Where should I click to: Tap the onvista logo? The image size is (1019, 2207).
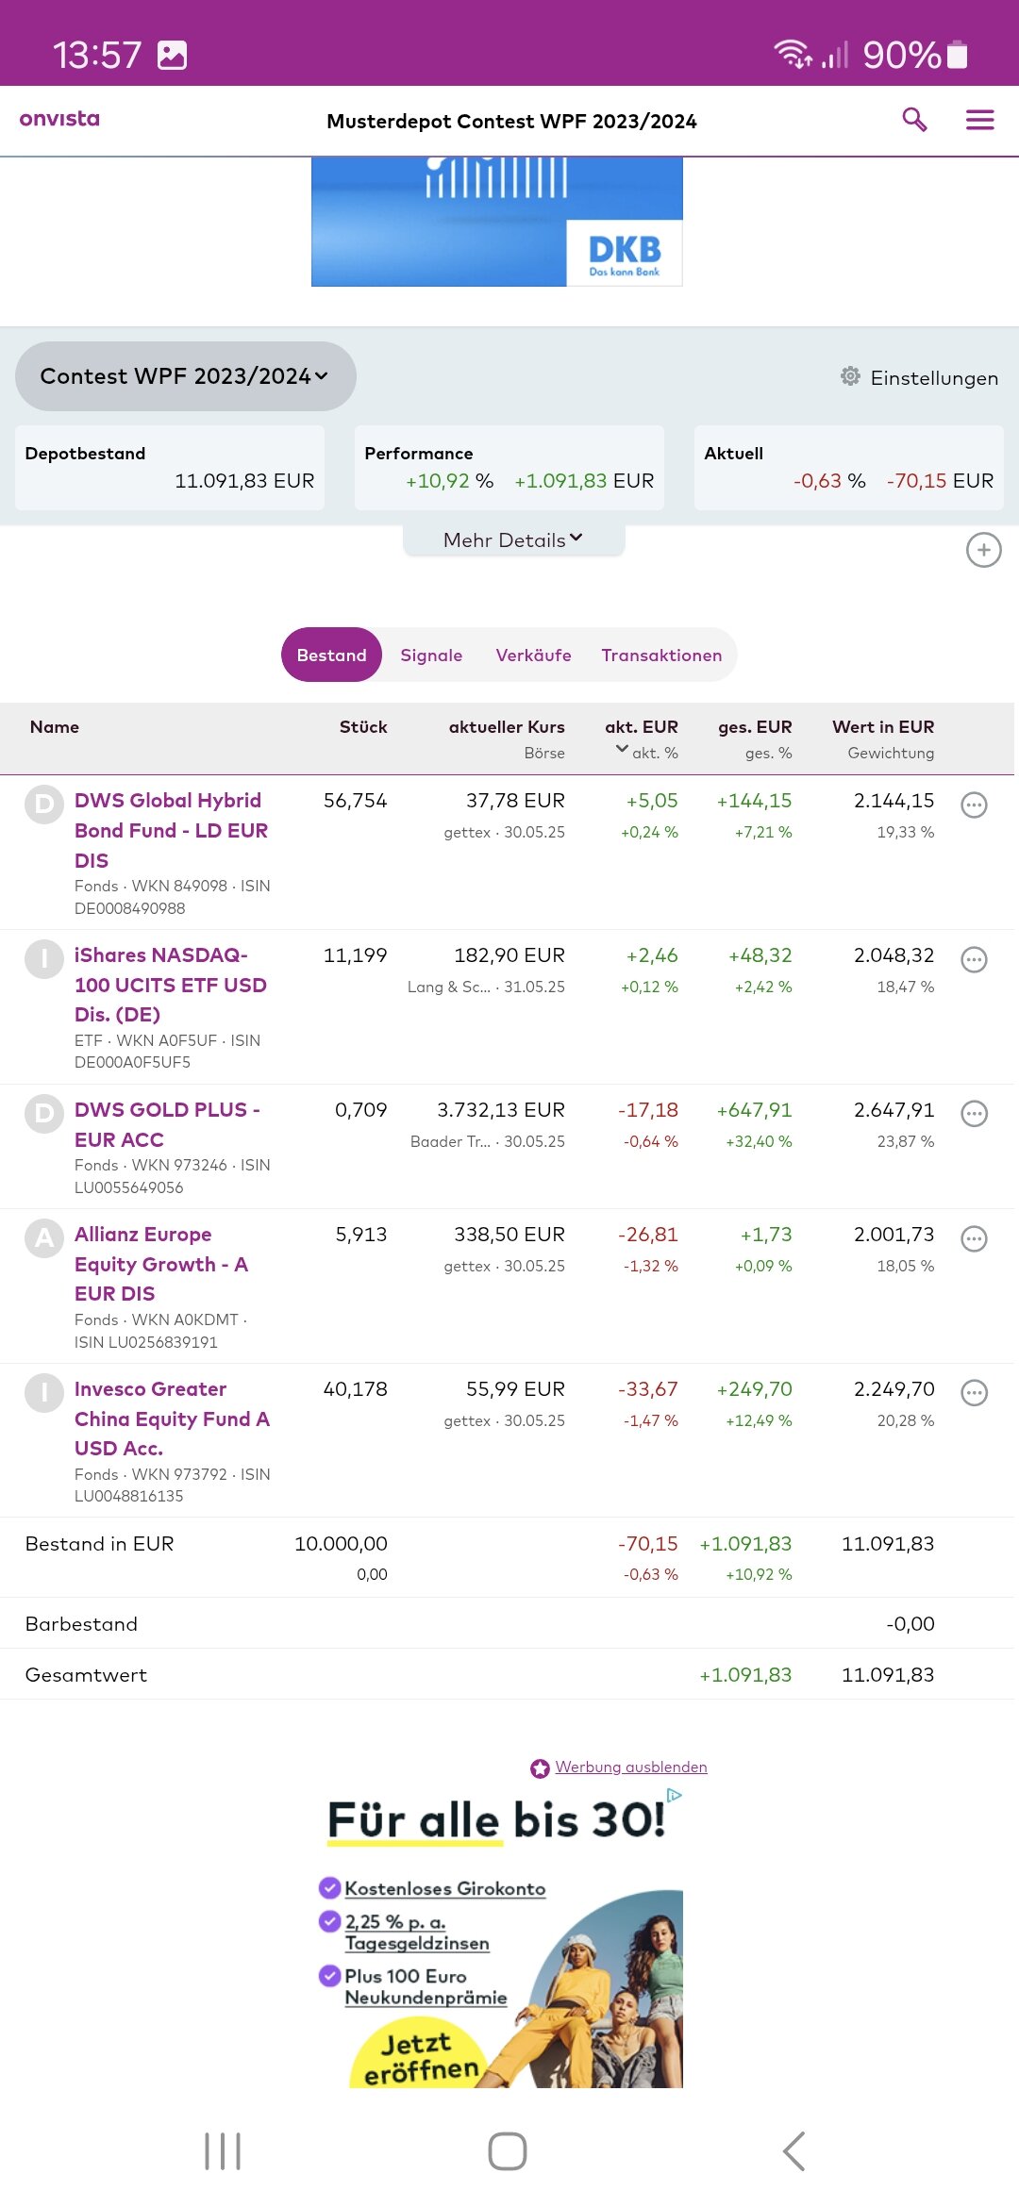[59, 119]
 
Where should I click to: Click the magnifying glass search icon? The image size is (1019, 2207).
[914, 120]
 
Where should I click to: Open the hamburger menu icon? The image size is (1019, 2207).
[979, 120]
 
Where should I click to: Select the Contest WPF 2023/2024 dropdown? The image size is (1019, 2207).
[185, 376]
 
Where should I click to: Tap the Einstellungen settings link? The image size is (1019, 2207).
[919, 377]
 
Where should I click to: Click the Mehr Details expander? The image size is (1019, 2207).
[513, 540]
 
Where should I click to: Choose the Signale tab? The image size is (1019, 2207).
[431, 655]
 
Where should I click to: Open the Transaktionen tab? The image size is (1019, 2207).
[661, 655]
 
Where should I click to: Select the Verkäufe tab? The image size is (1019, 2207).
[533, 655]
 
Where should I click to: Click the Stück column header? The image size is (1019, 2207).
[363, 727]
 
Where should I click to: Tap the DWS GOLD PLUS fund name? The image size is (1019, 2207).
[167, 1124]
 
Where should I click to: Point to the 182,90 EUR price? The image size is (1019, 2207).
[509, 955]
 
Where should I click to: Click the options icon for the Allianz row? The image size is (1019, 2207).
[974, 1238]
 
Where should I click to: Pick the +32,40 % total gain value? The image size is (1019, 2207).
[759, 1141]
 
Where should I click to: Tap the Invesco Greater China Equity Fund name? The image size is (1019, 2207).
[172, 1418]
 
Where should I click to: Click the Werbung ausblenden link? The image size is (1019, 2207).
[630, 1767]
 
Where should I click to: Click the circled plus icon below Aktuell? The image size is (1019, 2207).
[983, 550]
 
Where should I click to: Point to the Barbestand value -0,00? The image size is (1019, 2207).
[910, 1624]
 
